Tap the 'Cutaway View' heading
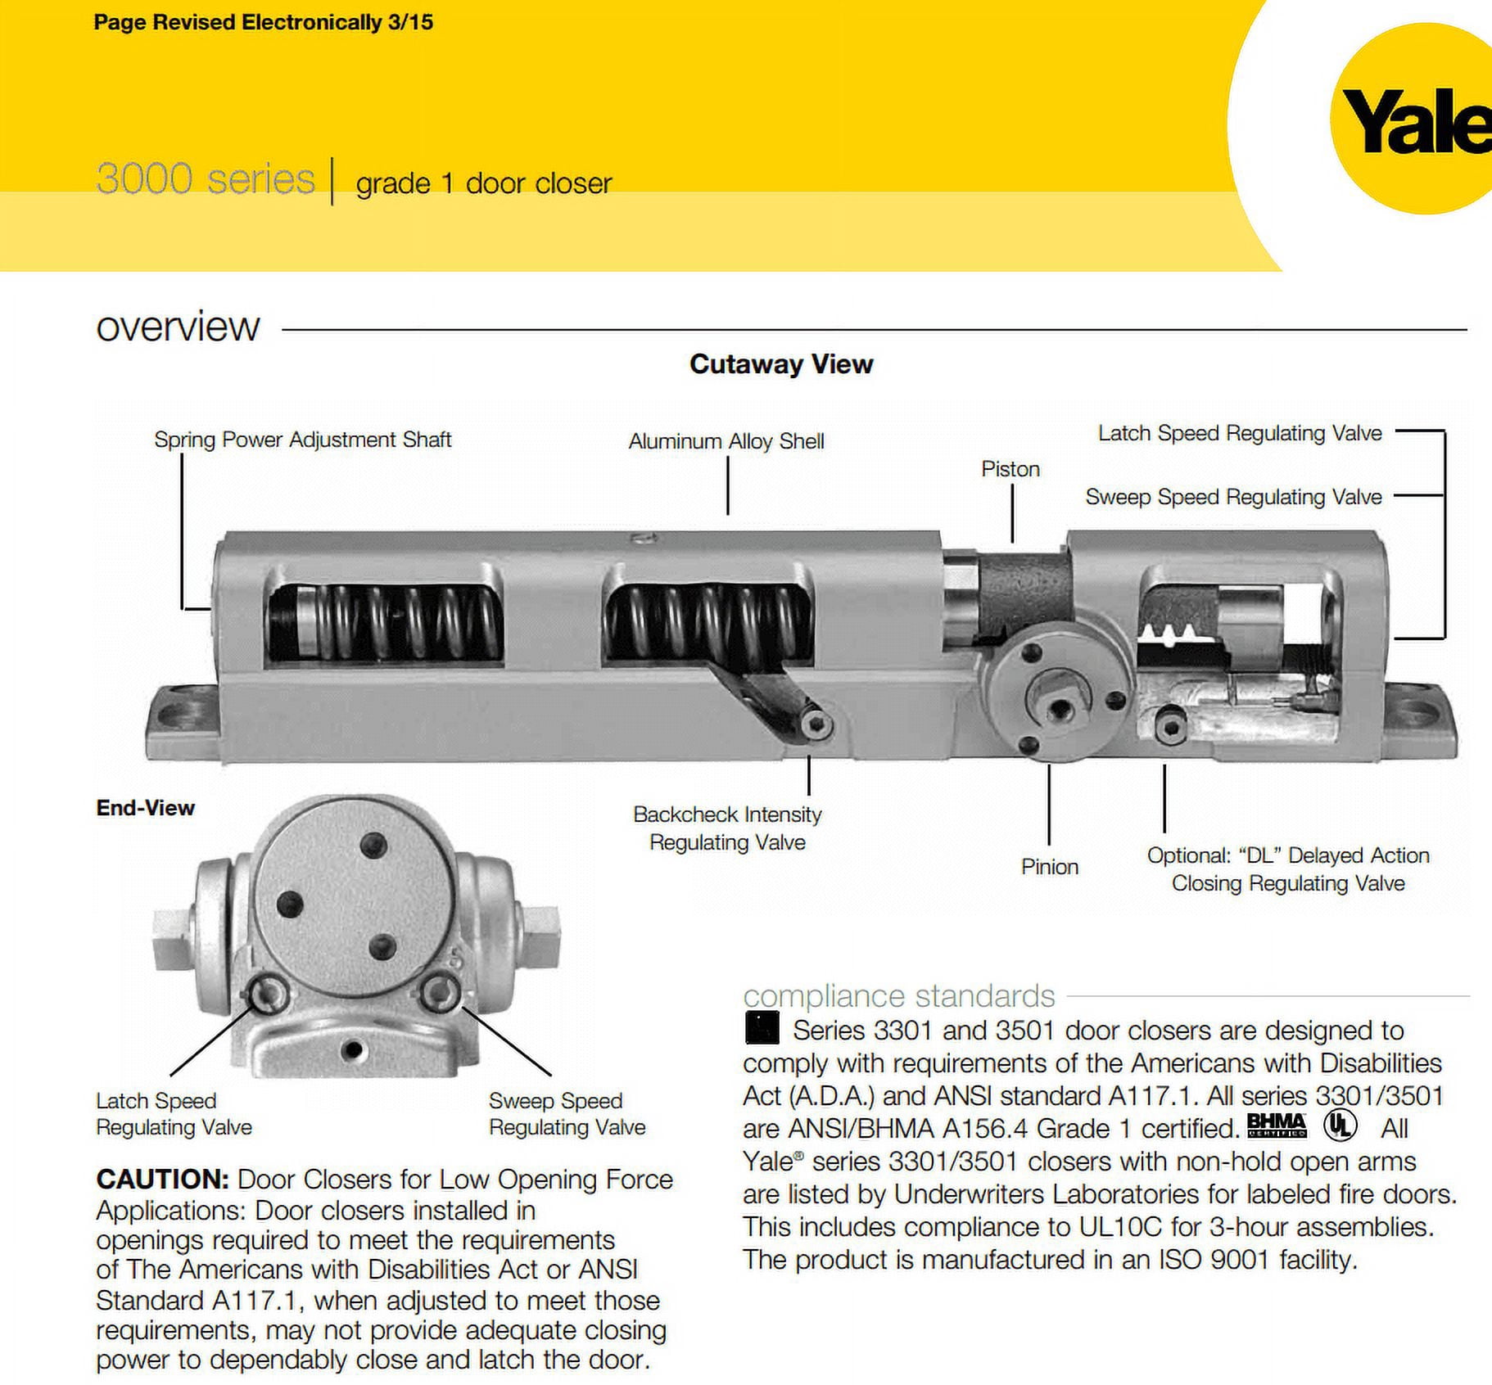[781, 363]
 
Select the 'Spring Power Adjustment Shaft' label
[302, 440]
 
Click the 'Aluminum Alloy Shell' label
[726, 441]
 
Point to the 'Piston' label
[1010, 469]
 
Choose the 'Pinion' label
[1049, 867]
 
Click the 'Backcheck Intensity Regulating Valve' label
[727, 828]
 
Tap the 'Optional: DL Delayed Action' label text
[1287, 856]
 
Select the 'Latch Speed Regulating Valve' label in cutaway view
[1239, 433]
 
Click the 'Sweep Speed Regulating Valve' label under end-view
[567, 1114]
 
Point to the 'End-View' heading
[145, 808]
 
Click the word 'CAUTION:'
[162, 1180]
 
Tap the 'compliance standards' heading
[898, 996]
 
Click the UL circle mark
[1340, 1126]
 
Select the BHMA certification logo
[1276, 1126]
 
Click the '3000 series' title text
[205, 178]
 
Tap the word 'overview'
[178, 327]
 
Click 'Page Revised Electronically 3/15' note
[263, 22]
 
